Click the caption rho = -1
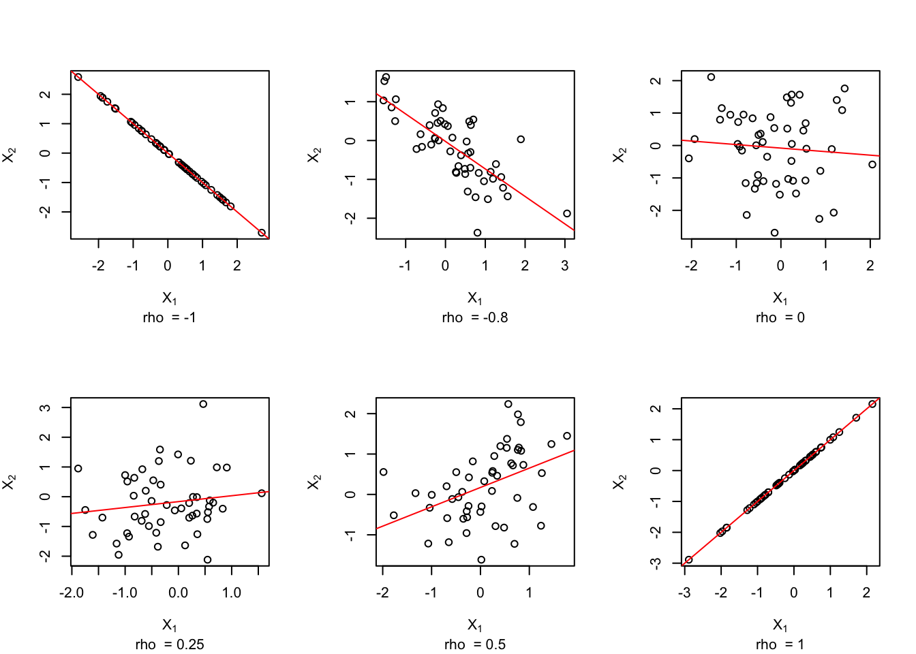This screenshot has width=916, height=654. point(169,317)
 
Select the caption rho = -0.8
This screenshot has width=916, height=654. point(474,317)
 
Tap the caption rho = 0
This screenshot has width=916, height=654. point(780,317)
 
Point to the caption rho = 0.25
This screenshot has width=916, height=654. point(169,644)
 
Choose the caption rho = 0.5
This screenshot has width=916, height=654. point(474,644)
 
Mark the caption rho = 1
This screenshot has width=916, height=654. point(780,644)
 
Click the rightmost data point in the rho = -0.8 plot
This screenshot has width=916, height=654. point(567,213)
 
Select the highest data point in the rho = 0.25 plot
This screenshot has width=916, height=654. point(203,404)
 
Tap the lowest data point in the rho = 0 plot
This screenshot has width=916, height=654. point(774,233)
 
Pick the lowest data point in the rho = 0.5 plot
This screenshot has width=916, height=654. point(481,560)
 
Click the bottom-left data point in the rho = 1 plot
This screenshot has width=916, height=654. point(688,560)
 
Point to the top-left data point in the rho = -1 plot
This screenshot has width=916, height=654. point(78,77)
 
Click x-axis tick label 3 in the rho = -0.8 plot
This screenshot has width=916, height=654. point(565,266)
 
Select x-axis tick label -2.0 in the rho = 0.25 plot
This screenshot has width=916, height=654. point(72,593)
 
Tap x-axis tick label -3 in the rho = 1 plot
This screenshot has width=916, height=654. point(684,593)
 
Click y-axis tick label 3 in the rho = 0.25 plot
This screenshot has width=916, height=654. point(46,407)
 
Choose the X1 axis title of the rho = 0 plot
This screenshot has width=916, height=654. point(780,298)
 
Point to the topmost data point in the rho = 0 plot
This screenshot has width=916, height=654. point(711,77)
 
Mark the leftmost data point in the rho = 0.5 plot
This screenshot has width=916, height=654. point(383,472)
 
